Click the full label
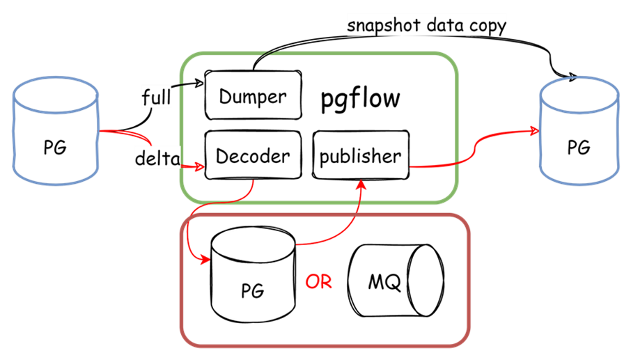pos(156,96)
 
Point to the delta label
pos(157,159)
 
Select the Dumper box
pos(254,95)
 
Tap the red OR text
pos(318,283)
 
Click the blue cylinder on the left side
pos(56,132)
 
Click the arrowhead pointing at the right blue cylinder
pos(535,131)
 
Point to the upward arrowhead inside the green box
pos(361,185)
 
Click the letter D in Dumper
pos(225,96)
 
